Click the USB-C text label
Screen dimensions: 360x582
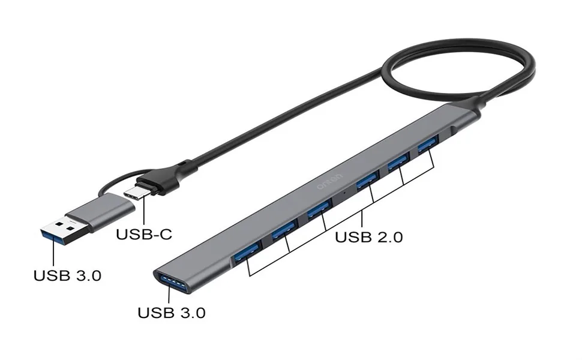pyautogui.click(x=143, y=234)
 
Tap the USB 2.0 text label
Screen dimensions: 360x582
pyautogui.click(x=368, y=236)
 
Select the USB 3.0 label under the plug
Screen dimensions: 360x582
pyautogui.click(x=67, y=276)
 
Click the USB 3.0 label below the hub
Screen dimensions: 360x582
pyautogui.click(x=172, y=313)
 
